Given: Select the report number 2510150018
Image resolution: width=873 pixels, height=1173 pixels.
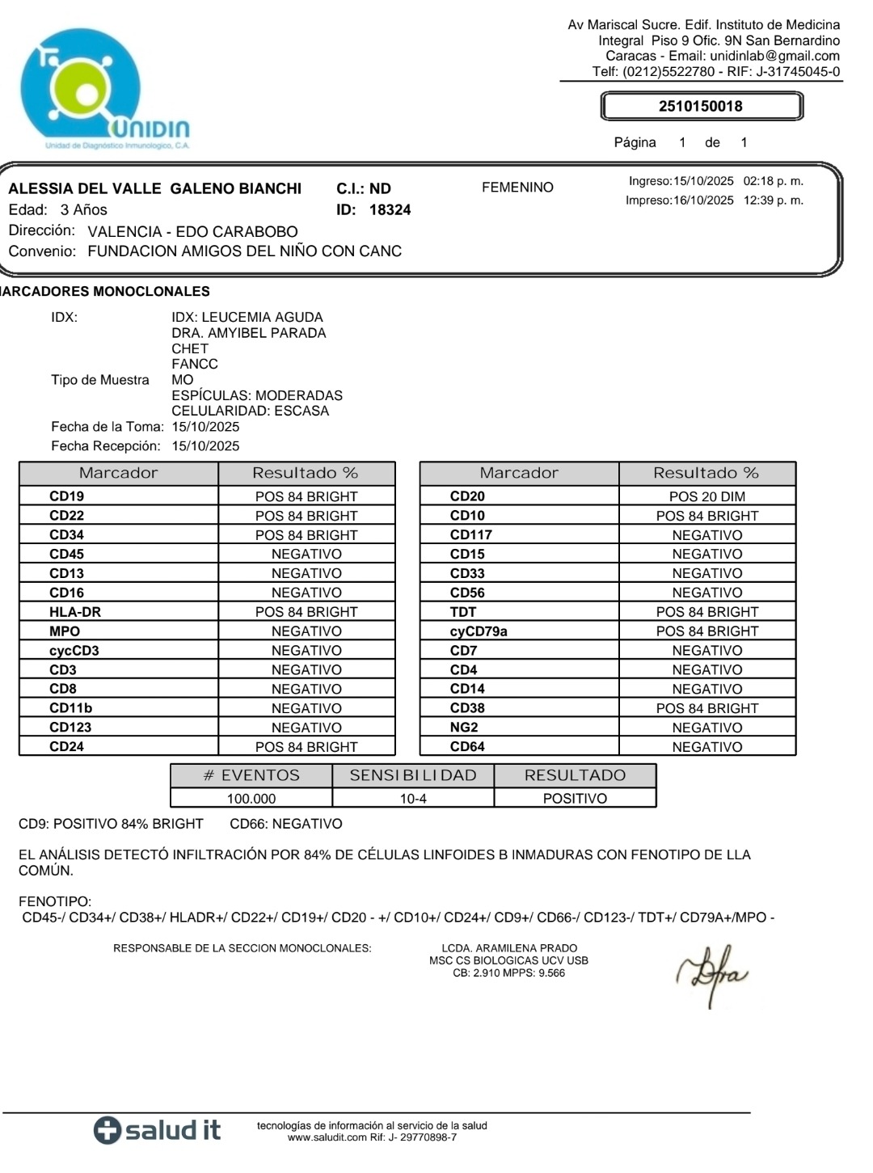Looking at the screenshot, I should click(x=700, y=106).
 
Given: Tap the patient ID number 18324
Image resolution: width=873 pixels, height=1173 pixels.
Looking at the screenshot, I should click(x=390, y=210).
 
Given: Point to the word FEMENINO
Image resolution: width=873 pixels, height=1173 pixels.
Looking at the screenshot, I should click(x=517, y=188).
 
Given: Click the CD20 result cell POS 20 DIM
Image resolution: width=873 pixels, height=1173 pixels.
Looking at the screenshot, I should click(x=707, y=496).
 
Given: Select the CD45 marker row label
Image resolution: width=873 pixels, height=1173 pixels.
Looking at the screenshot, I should click(x=66, y=554).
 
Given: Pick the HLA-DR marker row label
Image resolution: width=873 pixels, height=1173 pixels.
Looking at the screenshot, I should click(x=75, y=612).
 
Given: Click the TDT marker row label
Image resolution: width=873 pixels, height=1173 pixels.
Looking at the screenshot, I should click(x=463, y=612).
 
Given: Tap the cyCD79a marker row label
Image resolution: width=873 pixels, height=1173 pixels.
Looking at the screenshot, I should click(x=479, y=631).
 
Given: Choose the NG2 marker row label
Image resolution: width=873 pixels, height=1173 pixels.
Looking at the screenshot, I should click(x=464, y=728).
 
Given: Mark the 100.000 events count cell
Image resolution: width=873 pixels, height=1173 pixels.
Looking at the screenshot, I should click(x=251, y=799).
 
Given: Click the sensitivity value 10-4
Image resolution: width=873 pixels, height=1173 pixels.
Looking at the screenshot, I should click(x=413, y=799).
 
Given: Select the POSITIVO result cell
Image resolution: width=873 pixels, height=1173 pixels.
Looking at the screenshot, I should click(x=575, y=799).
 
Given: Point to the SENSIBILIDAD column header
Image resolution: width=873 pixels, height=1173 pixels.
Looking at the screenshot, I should click(x=413, y=775).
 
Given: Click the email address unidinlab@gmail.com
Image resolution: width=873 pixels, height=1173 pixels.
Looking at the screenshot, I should click(x=774, y=56).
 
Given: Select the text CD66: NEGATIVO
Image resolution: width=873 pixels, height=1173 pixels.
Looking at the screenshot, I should click(x=286, y=824).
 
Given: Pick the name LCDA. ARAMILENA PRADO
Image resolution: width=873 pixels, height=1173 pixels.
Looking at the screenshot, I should click(x=509, y=948).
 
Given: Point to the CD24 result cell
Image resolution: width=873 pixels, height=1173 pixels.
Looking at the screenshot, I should click(x=306, y=747).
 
